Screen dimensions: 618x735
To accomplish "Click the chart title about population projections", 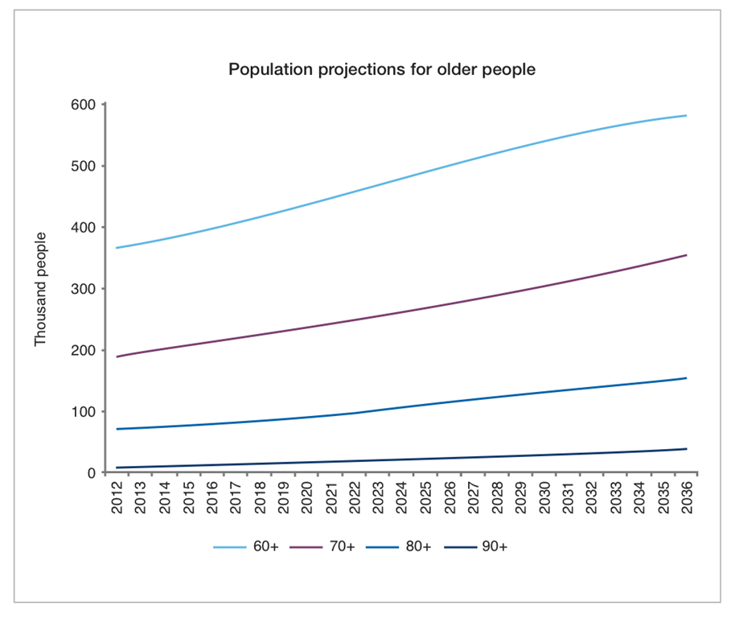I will point(382,69).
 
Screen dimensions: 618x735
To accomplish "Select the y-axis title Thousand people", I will point(41,289).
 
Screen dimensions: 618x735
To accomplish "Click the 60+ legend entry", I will point(245,546).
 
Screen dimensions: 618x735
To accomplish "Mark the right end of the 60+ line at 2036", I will point(686,116).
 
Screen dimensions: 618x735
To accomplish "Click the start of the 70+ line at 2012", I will point(118,356).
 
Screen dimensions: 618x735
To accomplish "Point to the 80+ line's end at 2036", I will point(686,378).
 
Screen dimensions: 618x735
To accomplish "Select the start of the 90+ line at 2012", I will point(118,468).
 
